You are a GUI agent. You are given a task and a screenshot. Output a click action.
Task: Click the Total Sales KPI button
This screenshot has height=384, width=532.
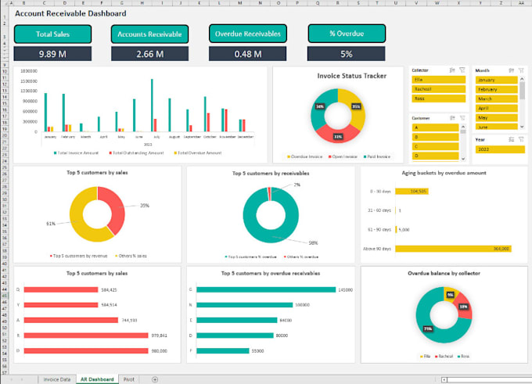(x=52, y=34)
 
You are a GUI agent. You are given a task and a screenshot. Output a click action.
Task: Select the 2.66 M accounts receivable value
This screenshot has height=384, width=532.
(x=150, y=54)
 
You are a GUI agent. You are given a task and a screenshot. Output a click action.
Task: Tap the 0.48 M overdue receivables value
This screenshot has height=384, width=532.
(x=247, y=54)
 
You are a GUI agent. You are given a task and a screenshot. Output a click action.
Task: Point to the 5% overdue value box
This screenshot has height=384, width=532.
(x=346, y=54)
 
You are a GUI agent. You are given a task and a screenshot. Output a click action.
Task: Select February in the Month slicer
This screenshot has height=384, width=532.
(x=495, y=89)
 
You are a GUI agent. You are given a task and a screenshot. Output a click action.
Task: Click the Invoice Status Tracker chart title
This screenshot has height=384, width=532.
(x=337, y=76)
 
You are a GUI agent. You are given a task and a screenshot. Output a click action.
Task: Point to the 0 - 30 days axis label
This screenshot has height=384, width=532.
(x=379, y=191)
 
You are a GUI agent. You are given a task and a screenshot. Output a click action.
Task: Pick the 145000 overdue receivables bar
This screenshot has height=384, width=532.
(x=267, y=289)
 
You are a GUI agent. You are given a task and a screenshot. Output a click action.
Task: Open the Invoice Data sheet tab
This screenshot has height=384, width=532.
(x=56, y=379)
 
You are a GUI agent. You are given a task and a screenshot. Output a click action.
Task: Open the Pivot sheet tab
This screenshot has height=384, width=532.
(x=129, y=379)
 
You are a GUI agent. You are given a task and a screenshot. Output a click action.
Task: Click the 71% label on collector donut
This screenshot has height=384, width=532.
(x=428, y=328)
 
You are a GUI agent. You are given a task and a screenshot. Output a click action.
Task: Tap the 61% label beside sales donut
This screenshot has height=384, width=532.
(x=52, y=223)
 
